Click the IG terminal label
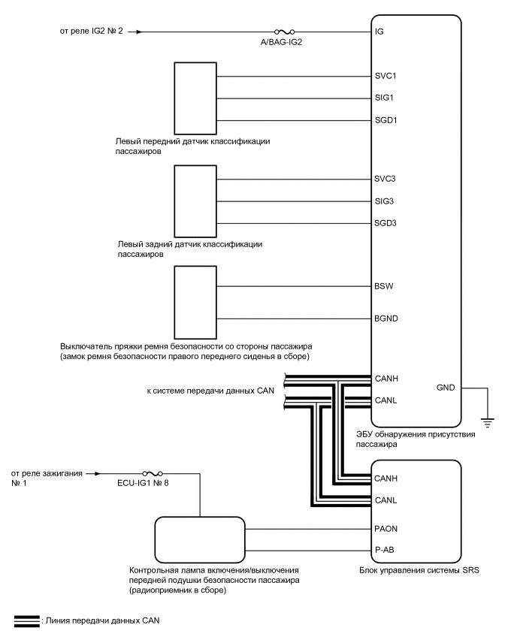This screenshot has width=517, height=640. coord(379,32)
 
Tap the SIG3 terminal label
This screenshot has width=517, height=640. coord(384,201)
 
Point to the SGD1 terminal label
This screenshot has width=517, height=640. coord(385,120)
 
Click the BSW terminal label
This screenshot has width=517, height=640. coord(383,286)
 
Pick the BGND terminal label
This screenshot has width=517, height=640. coord(385,318)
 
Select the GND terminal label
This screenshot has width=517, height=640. coord(446,388)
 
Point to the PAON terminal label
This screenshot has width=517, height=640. coord(385,529)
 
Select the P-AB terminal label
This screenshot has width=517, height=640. coord(384,550)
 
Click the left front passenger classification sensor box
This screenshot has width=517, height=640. coord(195,97)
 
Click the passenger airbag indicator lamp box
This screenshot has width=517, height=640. coord(200,538)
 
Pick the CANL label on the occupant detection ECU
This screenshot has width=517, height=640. coord(385,400)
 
